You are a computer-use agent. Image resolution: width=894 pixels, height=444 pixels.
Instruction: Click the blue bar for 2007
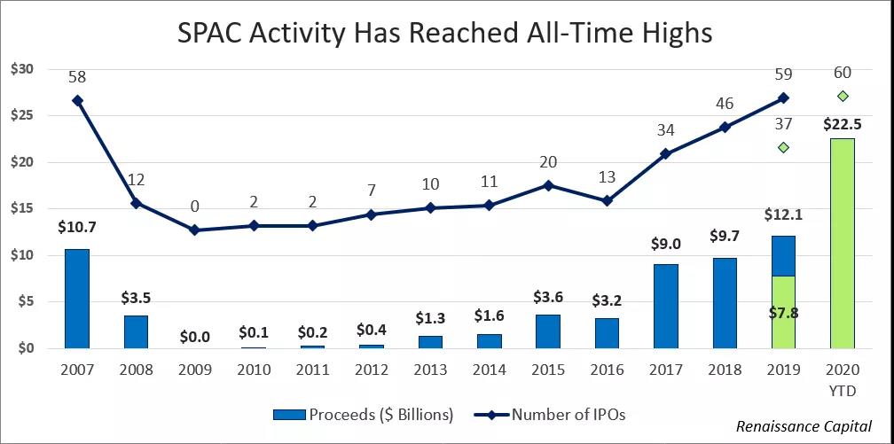(x=77, y=299)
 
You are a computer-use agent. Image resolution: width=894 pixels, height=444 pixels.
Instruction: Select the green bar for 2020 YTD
(x=843, y=244)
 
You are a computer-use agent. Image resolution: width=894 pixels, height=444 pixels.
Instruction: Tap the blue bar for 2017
(x=666, y=307)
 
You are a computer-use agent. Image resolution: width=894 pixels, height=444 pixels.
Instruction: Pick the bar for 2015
(x=548, y=331)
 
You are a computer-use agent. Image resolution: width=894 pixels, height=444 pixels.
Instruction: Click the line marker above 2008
(x=136, y=203)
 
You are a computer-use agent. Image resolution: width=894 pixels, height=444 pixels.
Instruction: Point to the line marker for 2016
(x=607, y=201)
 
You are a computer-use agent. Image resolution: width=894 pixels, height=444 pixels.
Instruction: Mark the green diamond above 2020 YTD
(x=843, y=96)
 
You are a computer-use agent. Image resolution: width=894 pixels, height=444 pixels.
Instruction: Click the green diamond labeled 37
(x=783, y=147)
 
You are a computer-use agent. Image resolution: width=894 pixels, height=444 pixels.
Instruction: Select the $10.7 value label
(x=77, y=227)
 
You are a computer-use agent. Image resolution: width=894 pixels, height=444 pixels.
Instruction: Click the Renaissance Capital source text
(x=804, y=425)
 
